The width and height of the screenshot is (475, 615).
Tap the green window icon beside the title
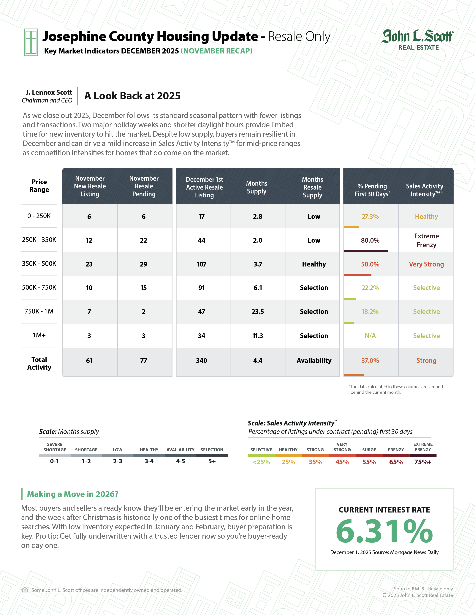coord(31,42)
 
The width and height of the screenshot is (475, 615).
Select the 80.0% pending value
coord(370,240)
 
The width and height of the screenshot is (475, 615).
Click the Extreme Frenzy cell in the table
coord(426,240)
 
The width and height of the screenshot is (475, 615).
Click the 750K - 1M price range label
coord(39,311)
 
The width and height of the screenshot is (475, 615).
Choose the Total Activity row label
coord(39,364)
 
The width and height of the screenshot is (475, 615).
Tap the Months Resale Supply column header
coord(312,187)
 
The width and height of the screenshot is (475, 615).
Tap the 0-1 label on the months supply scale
coord(55,461)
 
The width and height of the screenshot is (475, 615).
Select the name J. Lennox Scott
coord(49,92)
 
